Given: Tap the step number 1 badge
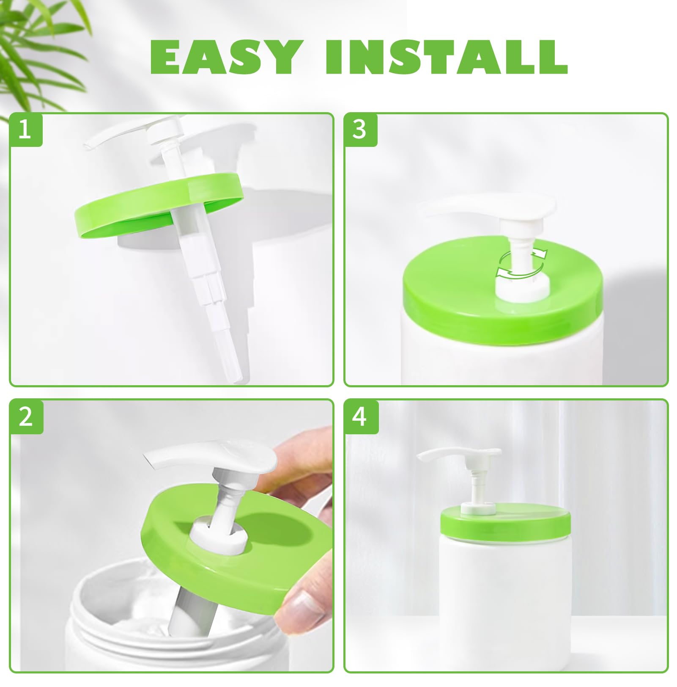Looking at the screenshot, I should pos(25,130).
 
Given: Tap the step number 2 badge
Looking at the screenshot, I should pos(26,417).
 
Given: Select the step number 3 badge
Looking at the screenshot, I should pos(359,130).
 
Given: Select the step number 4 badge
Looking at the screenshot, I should pos(360,417).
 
